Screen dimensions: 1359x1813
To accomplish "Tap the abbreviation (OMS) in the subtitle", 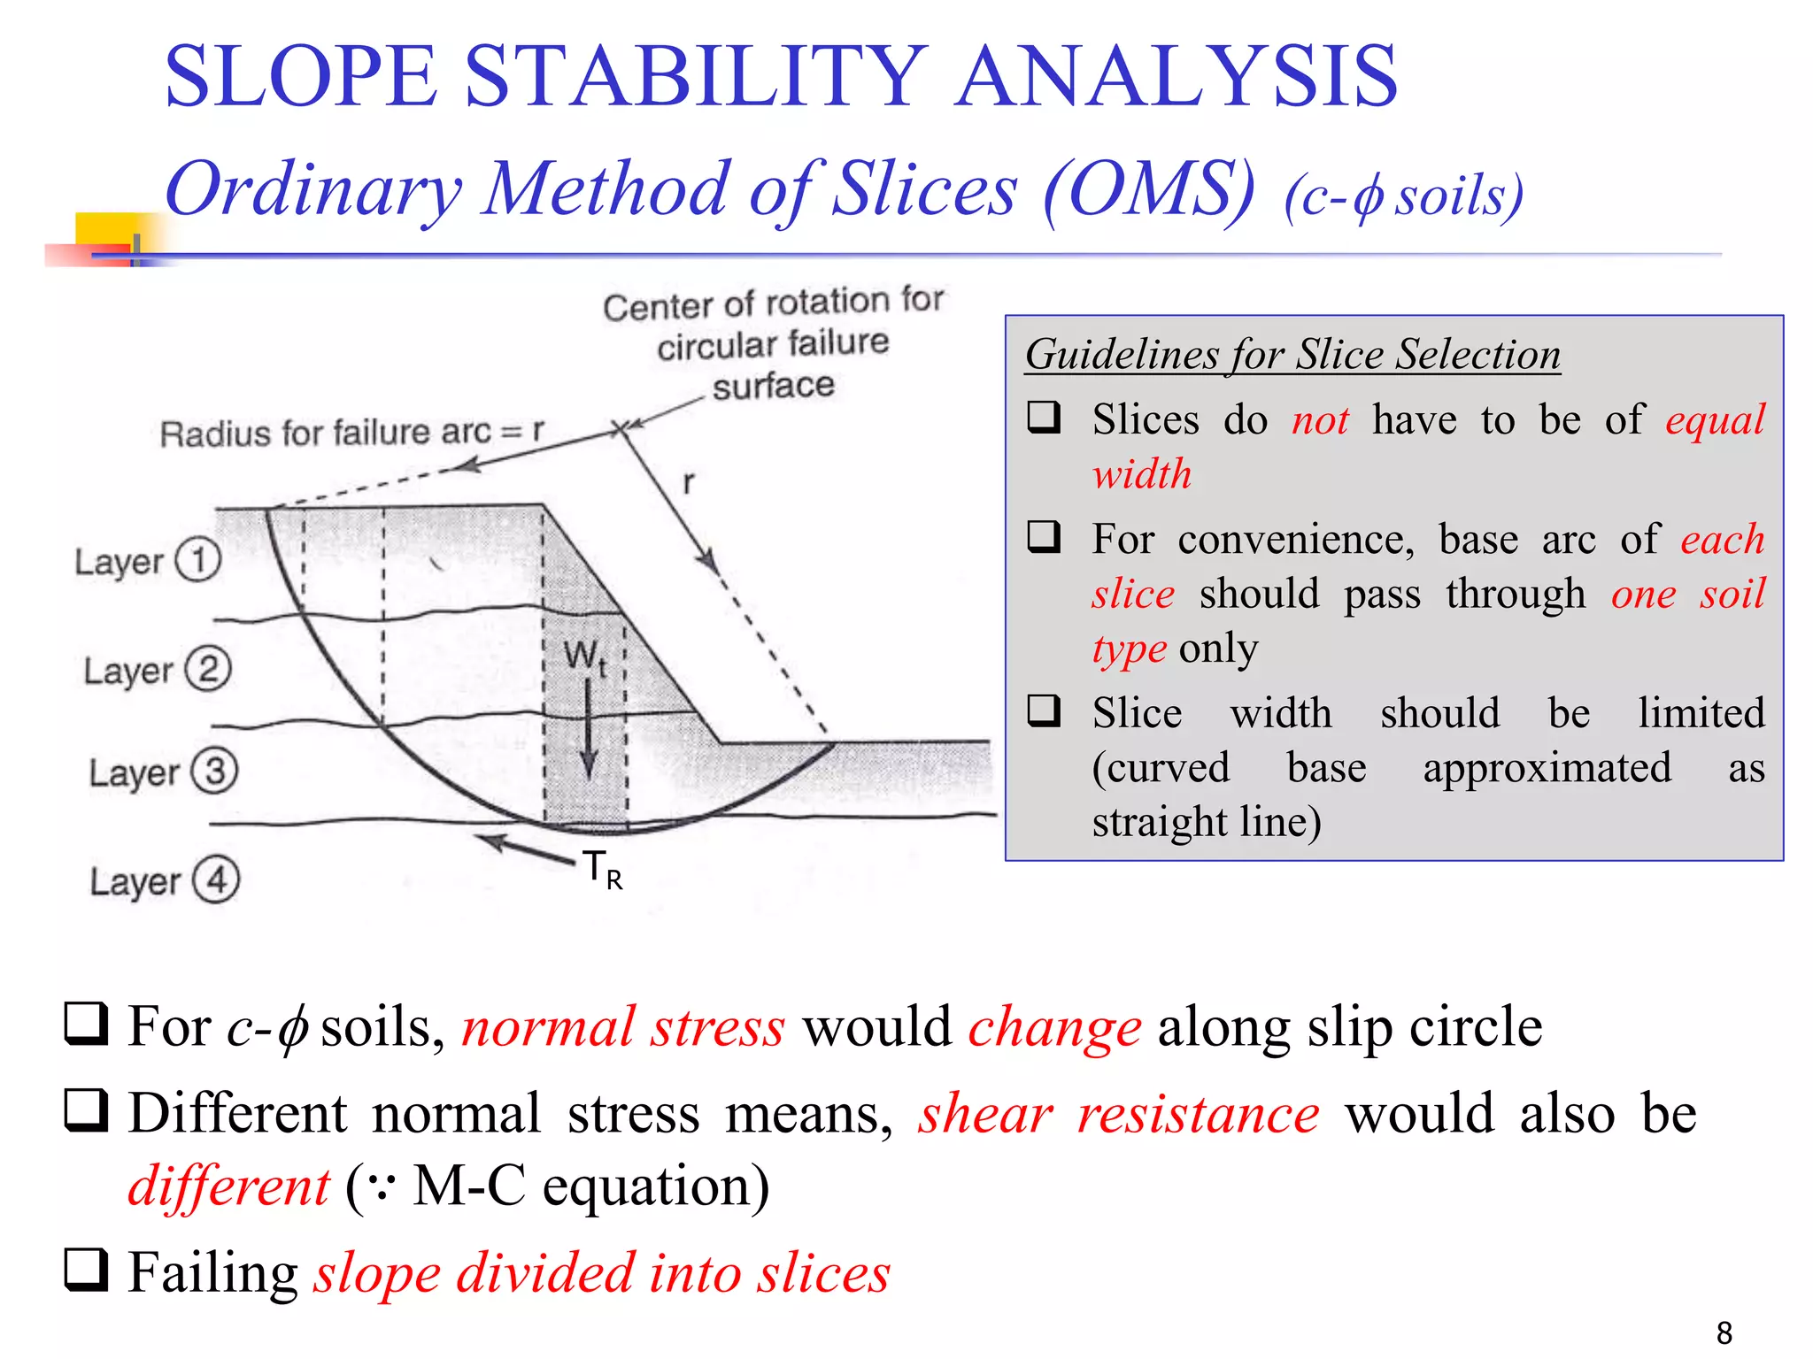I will pyautogui.click(x=1149, y=189).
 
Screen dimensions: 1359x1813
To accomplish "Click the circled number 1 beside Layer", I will pyautogui.click(x=197, y=560).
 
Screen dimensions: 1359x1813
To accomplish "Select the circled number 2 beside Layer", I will pyautogui.click(x=208, y=669).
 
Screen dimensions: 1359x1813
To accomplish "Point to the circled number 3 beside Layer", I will pyautogui.click(x=215, y=771).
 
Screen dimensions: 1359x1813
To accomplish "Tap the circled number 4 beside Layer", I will pyautogui.click(x=217, y=879).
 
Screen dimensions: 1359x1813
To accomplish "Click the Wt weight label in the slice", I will pyautogui.click(x=585, y=657).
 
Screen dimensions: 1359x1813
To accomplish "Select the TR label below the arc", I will pyautogui.click(x=603, y=870).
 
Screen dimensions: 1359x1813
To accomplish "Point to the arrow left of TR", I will pyautogui.click(x=525, y=848).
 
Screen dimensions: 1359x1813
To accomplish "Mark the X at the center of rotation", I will pyautogui.click(x=621, y=428).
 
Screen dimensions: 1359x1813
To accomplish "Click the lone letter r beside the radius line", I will pyautogui.click(x=689, y=483).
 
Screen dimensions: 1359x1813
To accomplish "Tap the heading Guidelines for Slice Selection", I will pyautogui.click(x=1292, y=355).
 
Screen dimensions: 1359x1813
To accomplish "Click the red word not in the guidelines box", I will pyautogui.click(x=1320, y=419).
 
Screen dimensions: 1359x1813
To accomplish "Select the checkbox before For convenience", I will pyautogui.click(x=1045, y=537).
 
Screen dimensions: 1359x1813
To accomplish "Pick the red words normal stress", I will pyautogui.click(x=623, y=1027).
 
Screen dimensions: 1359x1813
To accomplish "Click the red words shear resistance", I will pyautogui.click(x=1119, y=1114).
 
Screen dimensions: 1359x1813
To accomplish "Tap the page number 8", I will pyautogui.click(x=1724, y=1332).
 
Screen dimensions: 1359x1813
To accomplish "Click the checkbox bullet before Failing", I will pyautogui.click(x=87, y=1271).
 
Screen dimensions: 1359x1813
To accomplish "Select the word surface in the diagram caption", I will pyautogui.click(x=773, y=386).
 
